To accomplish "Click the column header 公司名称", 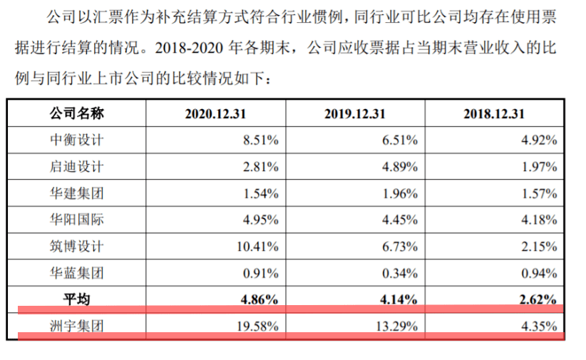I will tap(76, 113).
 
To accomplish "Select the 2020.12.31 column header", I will tap(216, 114).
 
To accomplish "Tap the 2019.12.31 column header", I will tap(355, 114).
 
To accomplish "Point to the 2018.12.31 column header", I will tap(494, 114).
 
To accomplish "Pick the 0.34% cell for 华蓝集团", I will tap(399, 273).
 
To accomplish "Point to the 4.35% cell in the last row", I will tap(538, 326).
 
